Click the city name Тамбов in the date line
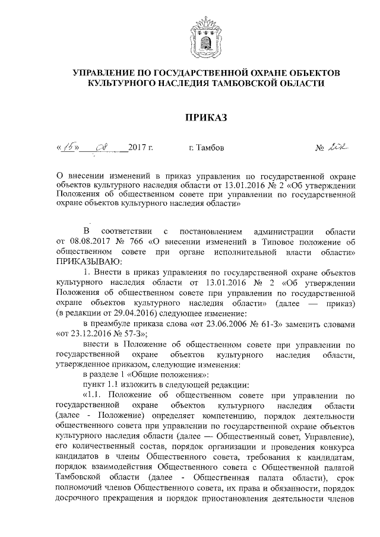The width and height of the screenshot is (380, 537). pos(209,148)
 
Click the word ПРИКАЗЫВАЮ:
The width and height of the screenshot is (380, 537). pos(88,261)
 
